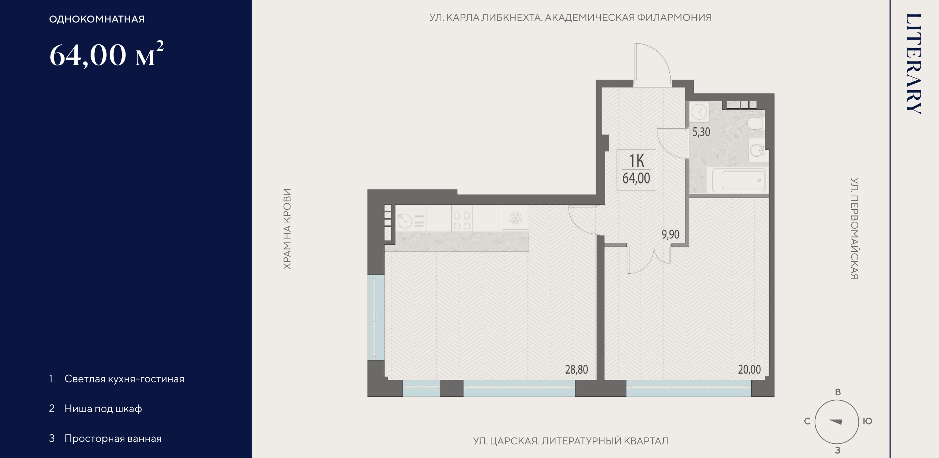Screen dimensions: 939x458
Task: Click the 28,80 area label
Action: (577, 369)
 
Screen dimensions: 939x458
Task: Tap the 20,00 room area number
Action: (749, 369)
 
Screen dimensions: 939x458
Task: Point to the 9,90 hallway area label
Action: (671, 234)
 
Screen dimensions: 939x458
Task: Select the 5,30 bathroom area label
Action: (701, 132)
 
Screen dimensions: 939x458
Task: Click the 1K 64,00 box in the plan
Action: (636, 170)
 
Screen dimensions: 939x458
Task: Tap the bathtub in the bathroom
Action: (739, 180)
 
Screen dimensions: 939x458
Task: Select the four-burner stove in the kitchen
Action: (462, 221)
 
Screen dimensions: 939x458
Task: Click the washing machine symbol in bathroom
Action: (699, 112)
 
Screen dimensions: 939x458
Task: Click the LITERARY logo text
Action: (914, 64)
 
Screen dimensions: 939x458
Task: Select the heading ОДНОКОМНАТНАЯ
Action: (97, 19)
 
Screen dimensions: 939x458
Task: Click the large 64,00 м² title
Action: (106, 54)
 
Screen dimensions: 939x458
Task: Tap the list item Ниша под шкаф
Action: (103, 409)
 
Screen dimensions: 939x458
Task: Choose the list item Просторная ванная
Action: (113, 439)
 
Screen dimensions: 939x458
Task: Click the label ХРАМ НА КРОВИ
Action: (287, 229)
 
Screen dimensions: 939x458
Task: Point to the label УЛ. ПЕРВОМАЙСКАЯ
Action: (854, 229)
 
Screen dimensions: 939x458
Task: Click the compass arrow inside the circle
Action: (836, 422)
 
